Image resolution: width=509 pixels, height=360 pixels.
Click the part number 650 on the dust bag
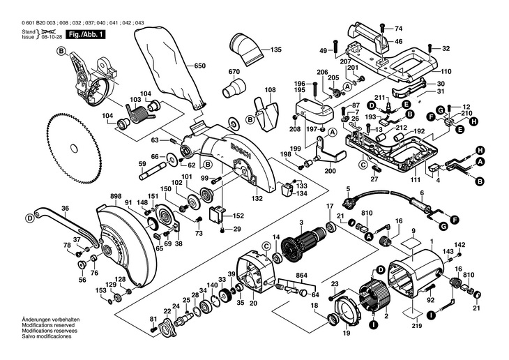(200, 66)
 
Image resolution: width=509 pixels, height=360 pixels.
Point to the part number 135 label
(276, 50)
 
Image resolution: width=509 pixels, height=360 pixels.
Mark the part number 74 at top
(399, 29)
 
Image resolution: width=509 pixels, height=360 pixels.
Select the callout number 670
(233, 73)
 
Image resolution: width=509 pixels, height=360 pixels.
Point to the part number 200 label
(330, 172)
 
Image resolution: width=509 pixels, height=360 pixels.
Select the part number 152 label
(238, 216)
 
